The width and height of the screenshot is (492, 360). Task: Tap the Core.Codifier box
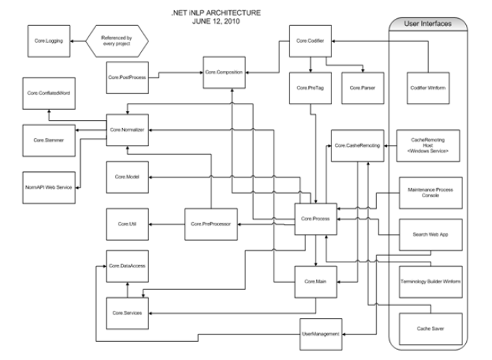click(x=310, y=42)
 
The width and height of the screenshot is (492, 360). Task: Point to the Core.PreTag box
click(x=310, y=87)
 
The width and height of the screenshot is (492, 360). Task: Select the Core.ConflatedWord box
click(x=48, y=94)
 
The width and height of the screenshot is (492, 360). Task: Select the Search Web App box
click(x=425, y=235)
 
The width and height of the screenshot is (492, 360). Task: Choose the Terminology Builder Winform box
click(x=425, y=280)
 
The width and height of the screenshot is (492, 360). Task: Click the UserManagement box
click(x=319, y=333)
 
